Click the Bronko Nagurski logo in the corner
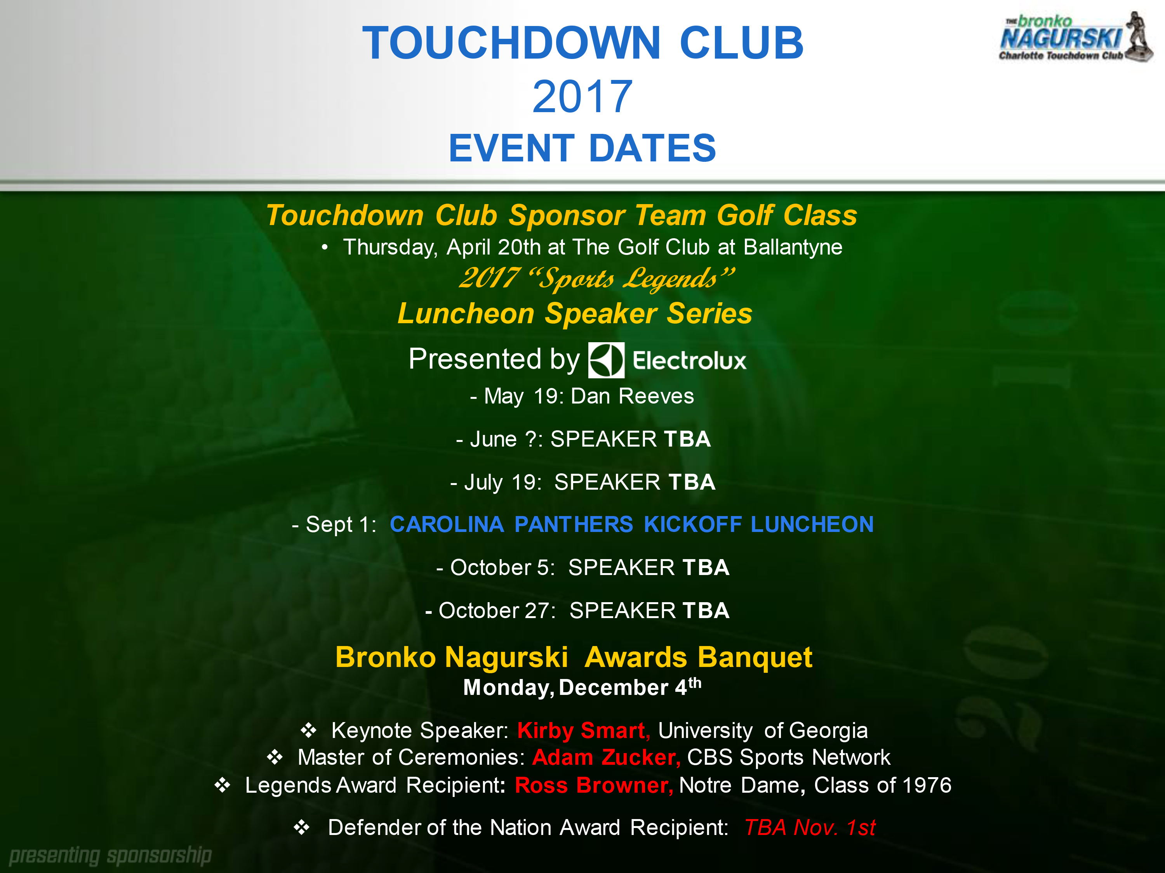[x=1076, y=37]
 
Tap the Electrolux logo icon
[x=606, y=360]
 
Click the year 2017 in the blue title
[x=582, y=97]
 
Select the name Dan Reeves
[x=632, y=396]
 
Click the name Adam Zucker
[x=606, y=758]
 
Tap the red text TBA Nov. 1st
[x=810, y=828]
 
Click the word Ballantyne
[x=793, y=247]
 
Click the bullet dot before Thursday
[x=325, y=247]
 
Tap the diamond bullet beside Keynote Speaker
[x=309, y=730]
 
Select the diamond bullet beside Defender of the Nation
[x=302, y=828]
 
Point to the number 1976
[x=927, y=785]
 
